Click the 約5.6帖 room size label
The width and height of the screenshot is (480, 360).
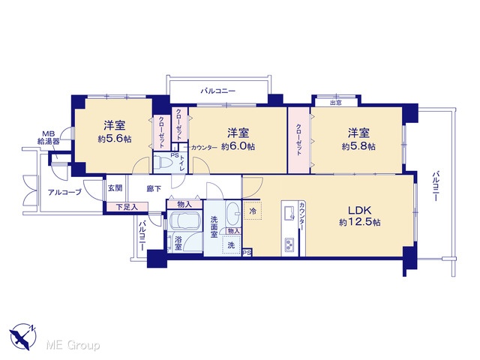click(115, 139)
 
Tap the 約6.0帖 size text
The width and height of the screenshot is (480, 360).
click(238, 147)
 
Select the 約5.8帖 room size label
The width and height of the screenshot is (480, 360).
click(358, 147)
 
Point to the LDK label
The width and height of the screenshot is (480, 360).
click(360, 210)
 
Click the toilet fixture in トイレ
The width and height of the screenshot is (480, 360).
click(160, 162)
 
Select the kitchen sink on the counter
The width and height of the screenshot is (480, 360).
click(289, 211)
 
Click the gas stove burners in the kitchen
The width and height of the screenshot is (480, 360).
click(289, 244)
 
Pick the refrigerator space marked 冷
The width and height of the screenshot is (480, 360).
click(253, 211)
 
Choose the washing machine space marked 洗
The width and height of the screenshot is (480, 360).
click(232, 245)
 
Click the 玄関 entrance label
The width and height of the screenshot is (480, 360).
click(115, 187)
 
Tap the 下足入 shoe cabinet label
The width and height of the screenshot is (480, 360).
click(127, 207)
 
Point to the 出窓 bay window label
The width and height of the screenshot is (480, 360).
click(335, 103)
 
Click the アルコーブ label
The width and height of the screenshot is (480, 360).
click(64, 192)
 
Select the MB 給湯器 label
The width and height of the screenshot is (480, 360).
click(48, 138)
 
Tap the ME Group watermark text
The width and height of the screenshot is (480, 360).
click(73, 346)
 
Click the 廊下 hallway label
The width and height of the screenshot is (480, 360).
click(153, 188)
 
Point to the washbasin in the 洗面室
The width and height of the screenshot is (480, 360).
click(233, 212)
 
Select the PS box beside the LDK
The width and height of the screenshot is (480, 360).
click(247, 252)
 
